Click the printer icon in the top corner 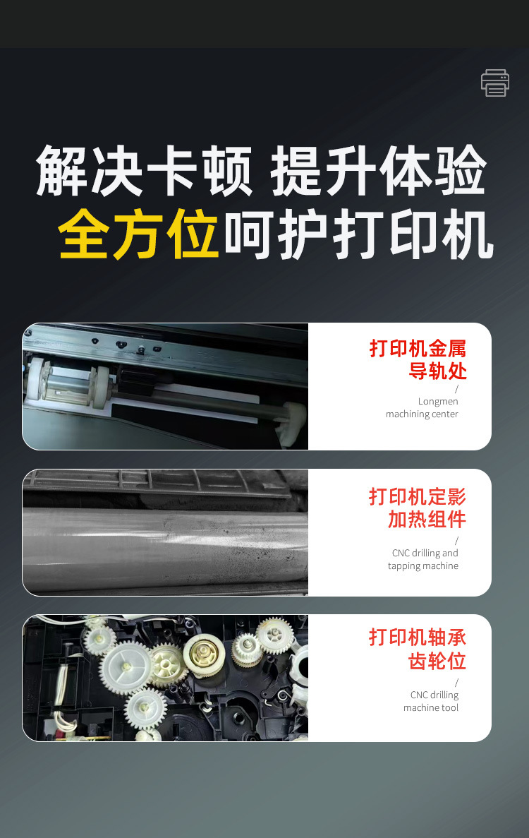495,83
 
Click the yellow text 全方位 138,237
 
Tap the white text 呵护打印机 358,237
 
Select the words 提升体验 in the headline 379,172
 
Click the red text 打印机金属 418,348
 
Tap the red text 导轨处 437,371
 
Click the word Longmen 438,401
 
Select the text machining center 422,414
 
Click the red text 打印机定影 418,496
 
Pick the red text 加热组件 427,520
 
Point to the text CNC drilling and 425,553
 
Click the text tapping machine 423,565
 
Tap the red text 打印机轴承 418,638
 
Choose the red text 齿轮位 437,662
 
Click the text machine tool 431,707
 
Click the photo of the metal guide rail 165,386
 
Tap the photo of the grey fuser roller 165,532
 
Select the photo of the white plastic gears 165,678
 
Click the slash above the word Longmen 456,389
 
